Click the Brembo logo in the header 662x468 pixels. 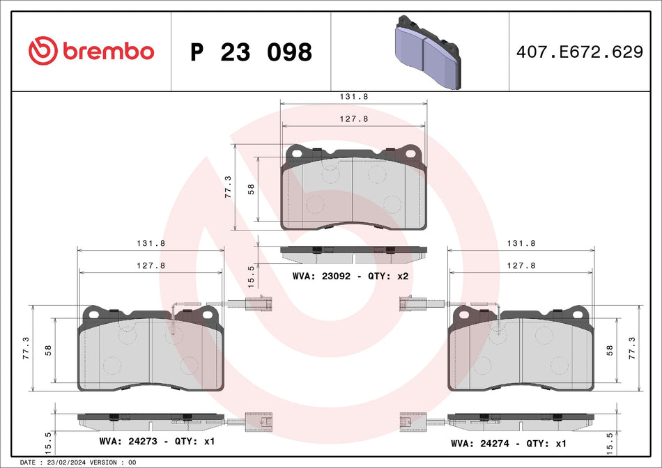[x=91, y=51]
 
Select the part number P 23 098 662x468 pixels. [x=251, y=52]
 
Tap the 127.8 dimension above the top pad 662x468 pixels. [x=354, y=119]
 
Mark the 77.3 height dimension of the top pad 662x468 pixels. [x=228, y=187]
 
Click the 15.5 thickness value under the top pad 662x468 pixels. [x=252, y=274]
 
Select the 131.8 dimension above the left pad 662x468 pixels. [x=151, y=244]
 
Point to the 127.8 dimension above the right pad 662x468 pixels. [x=521, y=265]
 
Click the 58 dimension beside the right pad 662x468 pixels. [x=610, y=350]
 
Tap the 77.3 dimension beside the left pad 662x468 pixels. [x=26, y=345]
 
